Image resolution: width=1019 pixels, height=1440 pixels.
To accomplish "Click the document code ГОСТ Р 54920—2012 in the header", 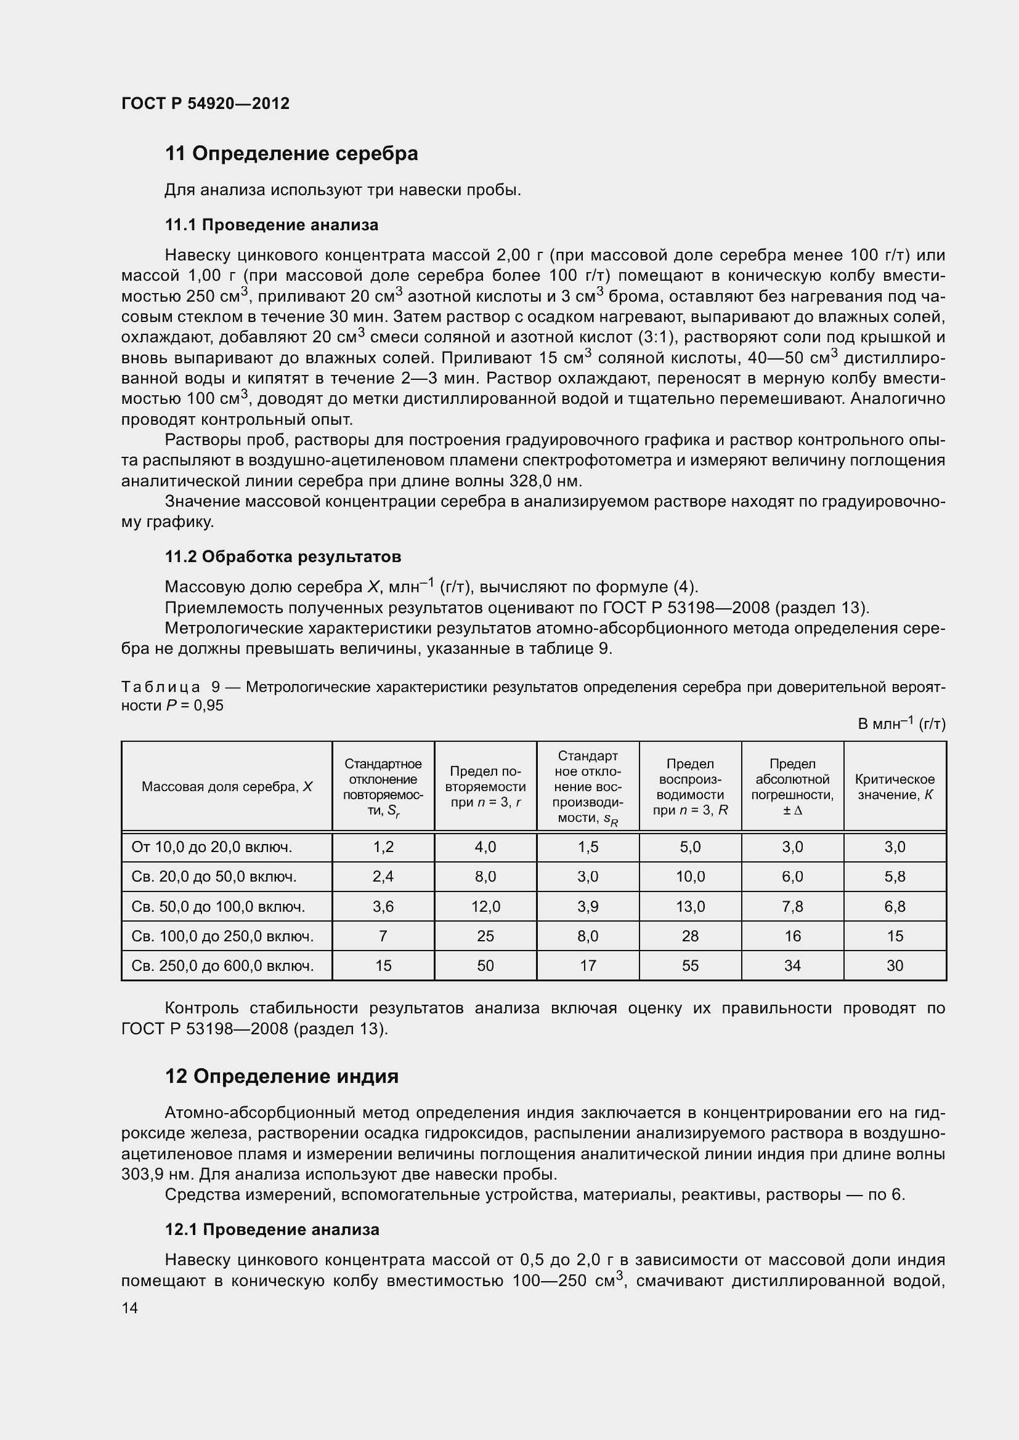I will point(205,103).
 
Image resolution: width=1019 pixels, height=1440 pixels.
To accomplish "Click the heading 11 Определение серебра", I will point(291,154).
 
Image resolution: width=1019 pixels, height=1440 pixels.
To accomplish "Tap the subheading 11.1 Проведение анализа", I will point(271,225).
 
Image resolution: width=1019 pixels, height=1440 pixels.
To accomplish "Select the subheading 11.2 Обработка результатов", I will point(282,557).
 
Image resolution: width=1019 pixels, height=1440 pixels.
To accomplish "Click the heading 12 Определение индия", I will point(282,1076).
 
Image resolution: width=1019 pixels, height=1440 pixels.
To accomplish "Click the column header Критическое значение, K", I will point(894,787).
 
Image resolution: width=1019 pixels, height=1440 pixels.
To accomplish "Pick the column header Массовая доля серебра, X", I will point(227,787).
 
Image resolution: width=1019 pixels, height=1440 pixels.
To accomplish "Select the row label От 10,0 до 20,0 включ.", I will point(212,847).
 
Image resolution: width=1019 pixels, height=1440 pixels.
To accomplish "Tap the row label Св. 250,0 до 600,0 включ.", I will point(222,966).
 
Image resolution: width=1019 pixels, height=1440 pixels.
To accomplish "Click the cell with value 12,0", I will point(485,906).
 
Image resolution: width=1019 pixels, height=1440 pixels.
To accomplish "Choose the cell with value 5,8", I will point(894,877).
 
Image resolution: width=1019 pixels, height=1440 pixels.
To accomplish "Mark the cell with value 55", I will point(689,966).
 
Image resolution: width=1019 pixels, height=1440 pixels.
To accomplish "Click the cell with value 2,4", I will point(383,877).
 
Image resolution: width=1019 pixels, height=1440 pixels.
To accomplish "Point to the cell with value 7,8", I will point(792,906).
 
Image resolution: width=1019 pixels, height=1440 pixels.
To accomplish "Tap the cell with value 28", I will point(689,936).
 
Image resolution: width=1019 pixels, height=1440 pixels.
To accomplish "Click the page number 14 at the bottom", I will point(130,1308).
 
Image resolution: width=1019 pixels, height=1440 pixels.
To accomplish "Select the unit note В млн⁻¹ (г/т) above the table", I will point(901,724).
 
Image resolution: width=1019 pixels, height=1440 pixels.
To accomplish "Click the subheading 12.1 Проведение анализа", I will point(272,1229).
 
